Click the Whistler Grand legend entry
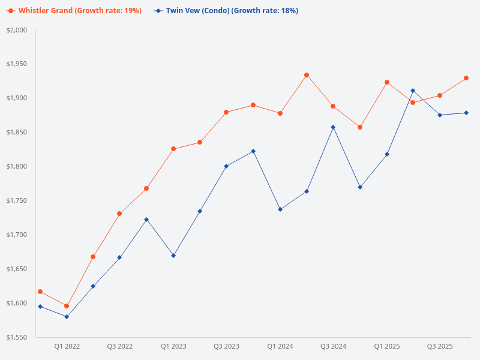point(75,11)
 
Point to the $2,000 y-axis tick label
point(17,30)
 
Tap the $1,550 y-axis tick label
point(17,337)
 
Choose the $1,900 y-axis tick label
point(17,98)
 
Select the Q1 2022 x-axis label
point(67,346)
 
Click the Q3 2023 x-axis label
point(226,346)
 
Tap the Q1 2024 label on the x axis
point(280,346)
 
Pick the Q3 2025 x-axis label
point(440,346)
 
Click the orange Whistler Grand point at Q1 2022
point(67,306)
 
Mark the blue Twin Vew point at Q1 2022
point(67,317)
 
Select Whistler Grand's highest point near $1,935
point(307,75)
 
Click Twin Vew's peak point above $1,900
point(413,91)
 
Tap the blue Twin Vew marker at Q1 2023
point(173,256)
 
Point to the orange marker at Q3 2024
point(333,106)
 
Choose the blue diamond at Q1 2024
point(280,209)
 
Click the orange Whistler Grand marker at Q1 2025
point(387,82)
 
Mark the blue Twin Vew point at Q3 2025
point(440,115)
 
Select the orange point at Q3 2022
point(119,214)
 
